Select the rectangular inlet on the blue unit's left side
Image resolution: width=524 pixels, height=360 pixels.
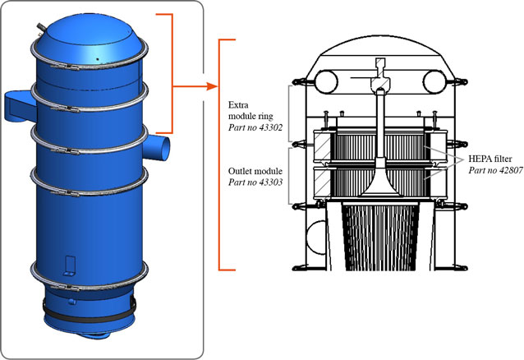click(x=19, y=104)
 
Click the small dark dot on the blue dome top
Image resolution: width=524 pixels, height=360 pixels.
click(x=98, y=59)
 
